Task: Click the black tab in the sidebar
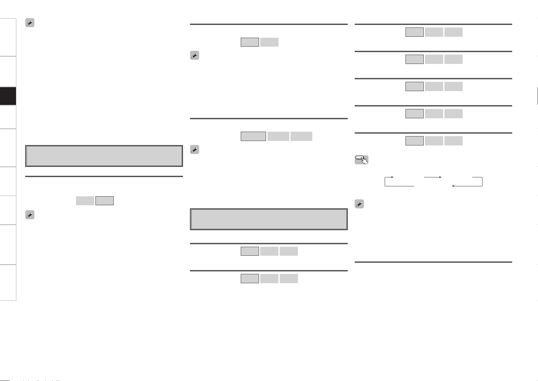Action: (x=8, y=96)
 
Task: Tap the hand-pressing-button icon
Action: (x=361, y=160)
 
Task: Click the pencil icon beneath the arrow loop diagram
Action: (x=359, y=204)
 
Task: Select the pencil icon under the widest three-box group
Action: (x=194, y=150)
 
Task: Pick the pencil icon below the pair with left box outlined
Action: (x=194, y=56)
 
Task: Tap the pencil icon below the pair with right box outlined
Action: (x=30, y=215)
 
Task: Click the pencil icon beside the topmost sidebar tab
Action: (x=30, y=23)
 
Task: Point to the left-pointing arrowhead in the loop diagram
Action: (x=453, y=186)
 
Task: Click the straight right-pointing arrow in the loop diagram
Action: (x=433, y=177)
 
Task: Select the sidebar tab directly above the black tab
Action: (x=8, y=72)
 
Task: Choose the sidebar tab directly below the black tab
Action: (x=8, y=117)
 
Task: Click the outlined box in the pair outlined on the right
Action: (x=104, y=201)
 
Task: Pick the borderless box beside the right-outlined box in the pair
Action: (x=85, y=201)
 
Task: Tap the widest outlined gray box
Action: (x=253, y=136)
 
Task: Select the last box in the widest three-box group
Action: (x=301, y=136)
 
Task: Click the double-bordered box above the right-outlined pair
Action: (x=104, y=156)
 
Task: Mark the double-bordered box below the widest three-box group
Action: (x=269, y=219)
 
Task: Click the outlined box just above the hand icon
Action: (x=414, y=141)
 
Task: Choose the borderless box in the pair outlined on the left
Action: (x=269, y=42)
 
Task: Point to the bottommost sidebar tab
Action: (x=8, y=283)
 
